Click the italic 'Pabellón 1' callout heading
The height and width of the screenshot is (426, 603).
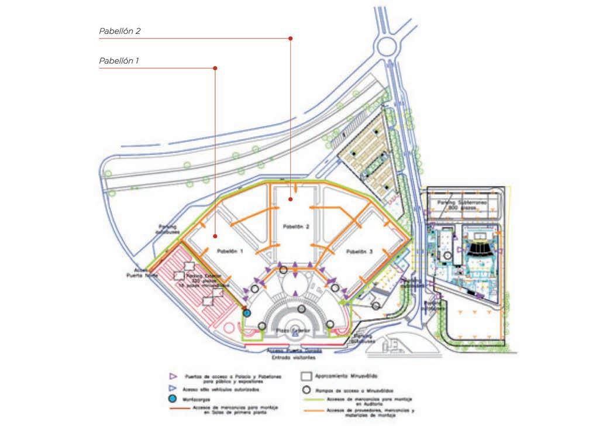tap(119, 60)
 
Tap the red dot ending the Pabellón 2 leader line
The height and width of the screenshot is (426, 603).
tap(291, 39)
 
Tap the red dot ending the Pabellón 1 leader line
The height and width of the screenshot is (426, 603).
tap(215, 68)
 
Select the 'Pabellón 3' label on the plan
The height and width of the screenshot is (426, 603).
tap(359, 252)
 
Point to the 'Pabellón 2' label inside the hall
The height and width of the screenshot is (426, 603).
tap(295, 226)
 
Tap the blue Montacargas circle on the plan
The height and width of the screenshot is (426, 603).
tap(247, 313)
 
